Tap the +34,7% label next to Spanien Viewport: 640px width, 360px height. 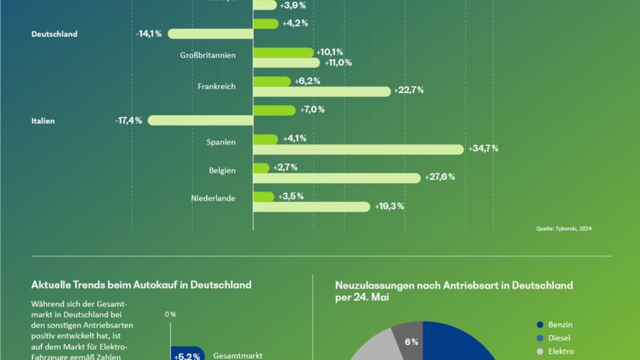[x=483, y=148]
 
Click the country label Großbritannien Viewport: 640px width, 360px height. [x=209, y=55]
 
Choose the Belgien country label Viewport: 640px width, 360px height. [x=222, y=171]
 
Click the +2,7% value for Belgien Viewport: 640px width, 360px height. [x=285, y=167]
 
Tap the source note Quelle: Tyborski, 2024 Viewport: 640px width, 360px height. [x=564, y=229]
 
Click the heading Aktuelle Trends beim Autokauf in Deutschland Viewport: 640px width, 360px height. [x=141, y=285]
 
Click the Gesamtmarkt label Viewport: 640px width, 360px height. [x=238, y=355]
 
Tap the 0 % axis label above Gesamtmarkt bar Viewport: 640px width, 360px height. [x=170, y=315]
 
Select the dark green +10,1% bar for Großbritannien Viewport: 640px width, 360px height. [x=283, y=52]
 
